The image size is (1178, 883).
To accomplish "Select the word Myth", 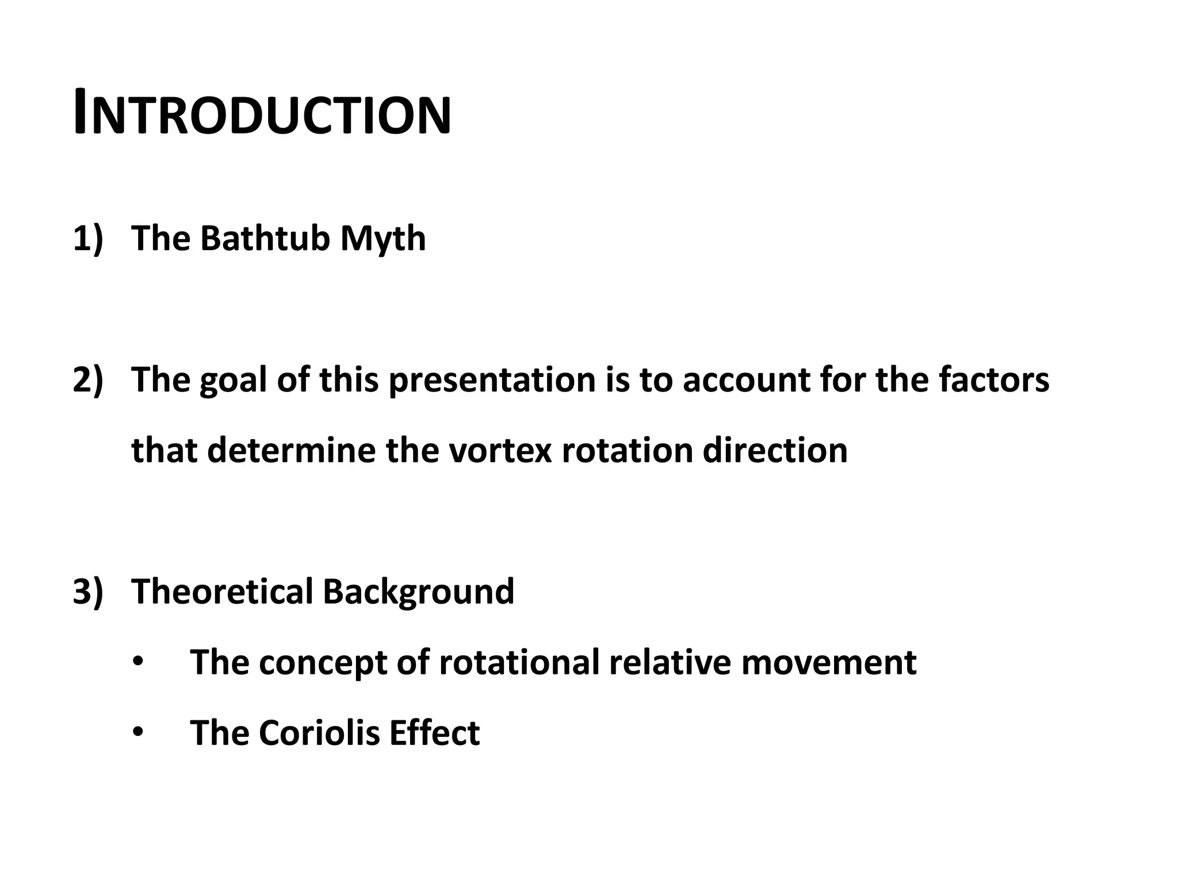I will point(383,238).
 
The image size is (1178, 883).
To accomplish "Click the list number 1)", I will point(87,238).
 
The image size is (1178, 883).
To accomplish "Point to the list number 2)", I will point(87,379).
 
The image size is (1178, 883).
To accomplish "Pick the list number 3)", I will point(87,591).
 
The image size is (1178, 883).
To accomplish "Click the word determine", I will point(292,450).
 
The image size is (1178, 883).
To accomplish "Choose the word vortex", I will point(500,450).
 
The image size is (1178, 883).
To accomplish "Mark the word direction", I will point(775,450).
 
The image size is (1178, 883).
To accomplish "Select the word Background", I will point(418,592).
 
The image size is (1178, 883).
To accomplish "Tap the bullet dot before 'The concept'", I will point(137,662).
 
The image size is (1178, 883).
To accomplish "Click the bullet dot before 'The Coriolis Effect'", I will point(137,733).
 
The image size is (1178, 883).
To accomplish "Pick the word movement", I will point(829,662).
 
